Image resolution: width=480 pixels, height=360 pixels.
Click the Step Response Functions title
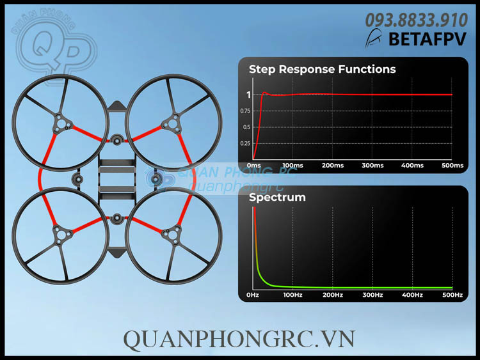pos(322,69)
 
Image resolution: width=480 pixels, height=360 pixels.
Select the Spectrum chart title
pos(277,197)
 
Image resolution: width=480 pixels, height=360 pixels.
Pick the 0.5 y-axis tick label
pos(246,127)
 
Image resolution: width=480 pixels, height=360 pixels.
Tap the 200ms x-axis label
pos(333,166)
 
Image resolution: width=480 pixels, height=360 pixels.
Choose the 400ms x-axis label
pos(412,166)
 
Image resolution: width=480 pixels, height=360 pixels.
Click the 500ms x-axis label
pos(452,166)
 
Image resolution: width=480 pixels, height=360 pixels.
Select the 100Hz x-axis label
pos(292,295)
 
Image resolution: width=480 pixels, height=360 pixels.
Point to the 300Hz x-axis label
pos(372,295)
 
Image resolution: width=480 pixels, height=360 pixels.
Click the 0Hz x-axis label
pos(253,295)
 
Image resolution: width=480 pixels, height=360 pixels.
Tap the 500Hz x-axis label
pos(452,295)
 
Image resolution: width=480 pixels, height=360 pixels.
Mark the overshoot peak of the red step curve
pos(264,93)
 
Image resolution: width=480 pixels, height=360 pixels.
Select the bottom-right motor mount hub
pos(173,235)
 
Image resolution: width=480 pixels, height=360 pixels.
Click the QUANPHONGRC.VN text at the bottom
pos(239,338)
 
